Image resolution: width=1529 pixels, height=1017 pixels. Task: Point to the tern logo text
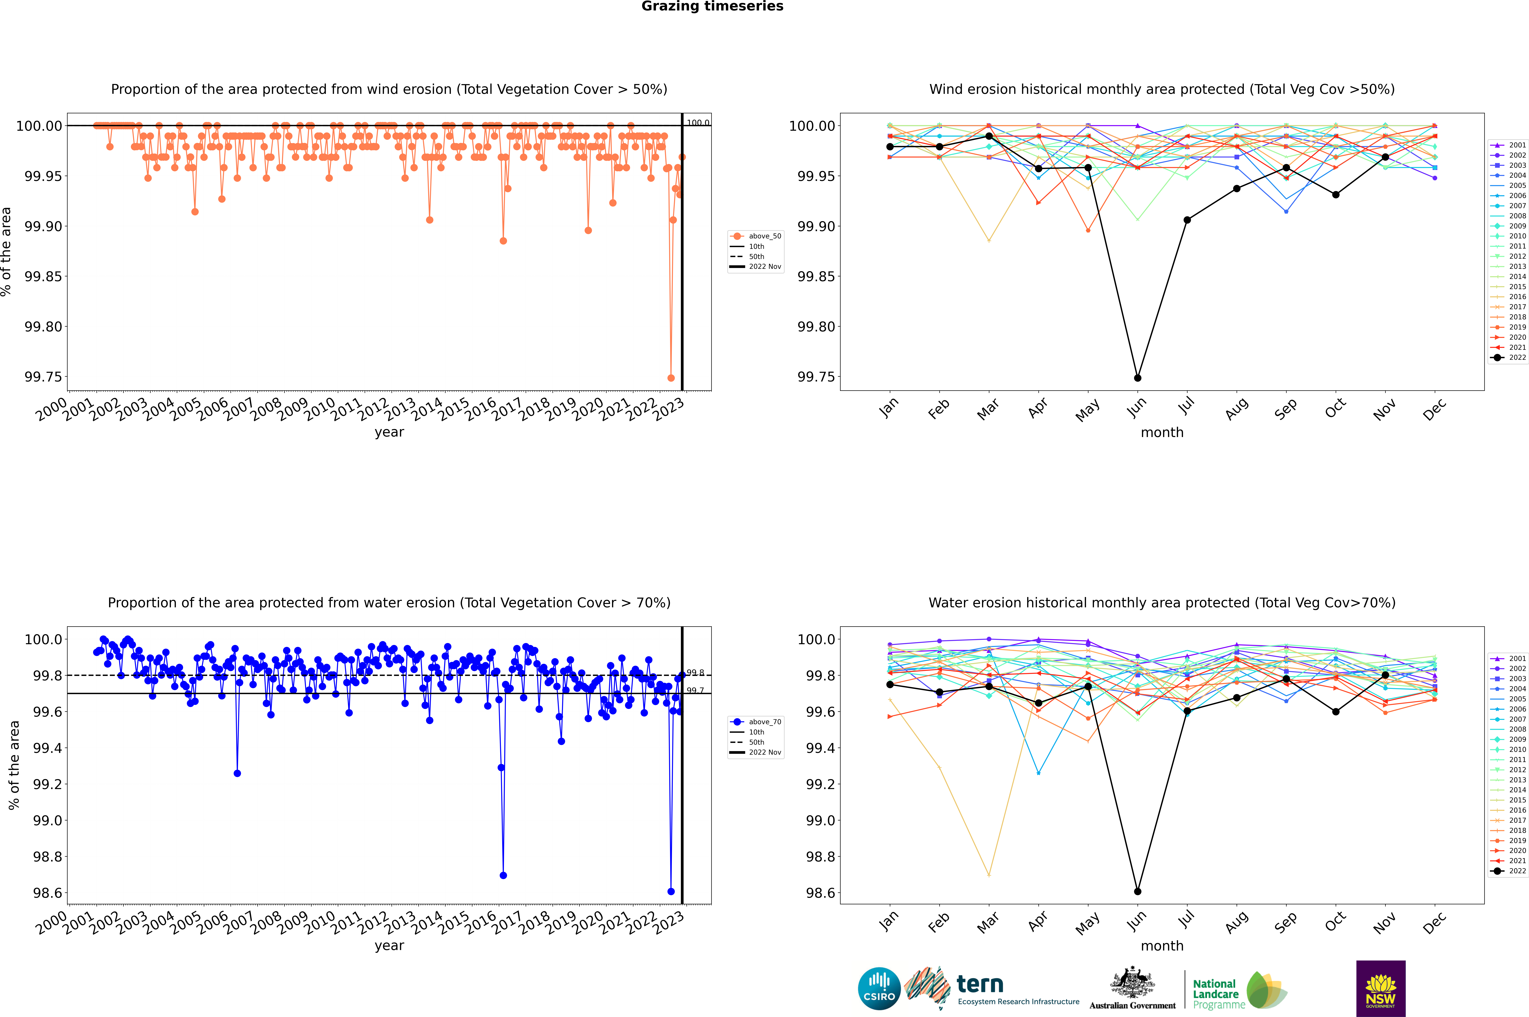click(980, 985)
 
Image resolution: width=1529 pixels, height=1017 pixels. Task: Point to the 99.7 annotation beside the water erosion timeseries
click(695, 691)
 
